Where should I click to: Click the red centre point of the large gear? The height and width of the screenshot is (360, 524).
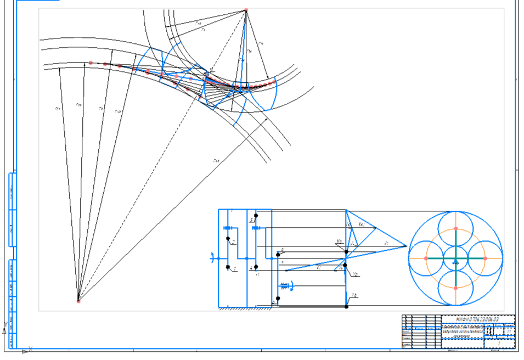click(x=78, y=301)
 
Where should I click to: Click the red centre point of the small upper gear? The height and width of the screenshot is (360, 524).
click(x=246, y=10)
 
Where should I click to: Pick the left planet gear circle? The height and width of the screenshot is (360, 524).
click(x=426, y=258)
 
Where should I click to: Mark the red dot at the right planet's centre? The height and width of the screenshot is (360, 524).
click(x=485, y=258)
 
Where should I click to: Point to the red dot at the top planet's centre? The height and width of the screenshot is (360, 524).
click(x=455, y=228)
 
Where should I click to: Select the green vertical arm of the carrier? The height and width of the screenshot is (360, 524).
click(x=455, y=274)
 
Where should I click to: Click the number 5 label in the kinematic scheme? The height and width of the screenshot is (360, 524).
click(x=251, y=220)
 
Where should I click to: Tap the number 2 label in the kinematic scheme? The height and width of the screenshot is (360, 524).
click(x=233, y=241)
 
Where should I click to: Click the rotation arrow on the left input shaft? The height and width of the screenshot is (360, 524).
click(x=211, y=256)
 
